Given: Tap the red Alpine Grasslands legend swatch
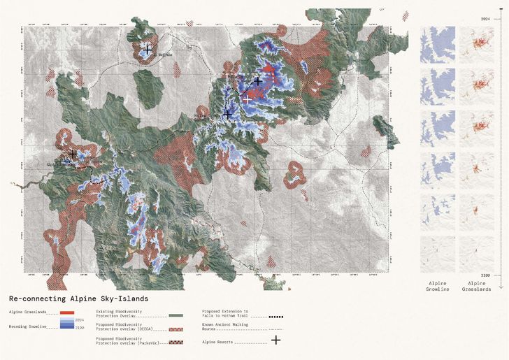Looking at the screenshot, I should (x=67, y=312).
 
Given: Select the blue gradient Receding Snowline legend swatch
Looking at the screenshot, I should (x=67, y=324).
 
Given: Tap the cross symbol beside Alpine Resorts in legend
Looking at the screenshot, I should (x=275, y=340).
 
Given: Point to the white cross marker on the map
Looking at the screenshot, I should (x=248, y=99).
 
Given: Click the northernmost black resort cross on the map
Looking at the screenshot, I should (x=147, y=50).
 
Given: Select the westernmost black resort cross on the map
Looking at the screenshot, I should (x=73, y=153).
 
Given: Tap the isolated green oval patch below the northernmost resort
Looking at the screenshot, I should (x=148, y=89).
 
